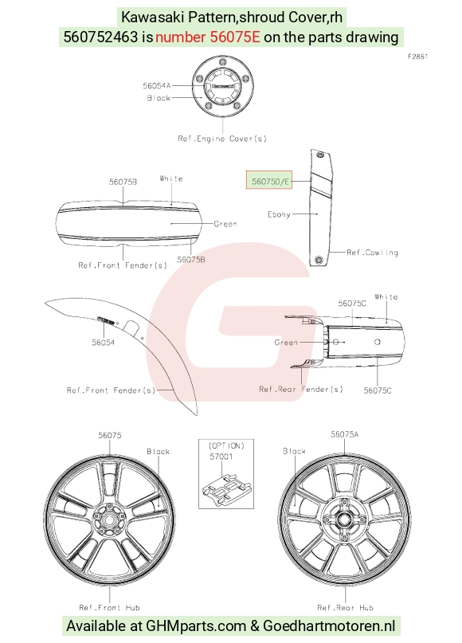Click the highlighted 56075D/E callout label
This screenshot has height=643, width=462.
tap(269, 180)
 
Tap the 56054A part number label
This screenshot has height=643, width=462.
tap(156, 86)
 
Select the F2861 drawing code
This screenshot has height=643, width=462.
tap(417, 57)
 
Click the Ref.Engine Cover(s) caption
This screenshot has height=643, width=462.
tap(222, 139)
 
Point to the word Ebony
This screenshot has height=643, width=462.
tap(279, 214)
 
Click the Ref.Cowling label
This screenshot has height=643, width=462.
tap(372, 253)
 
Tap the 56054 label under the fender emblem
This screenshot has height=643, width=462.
tap(103, 343)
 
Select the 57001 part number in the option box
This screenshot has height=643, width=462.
tap(221, 457)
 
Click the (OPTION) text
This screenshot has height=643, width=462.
tap(226, 445)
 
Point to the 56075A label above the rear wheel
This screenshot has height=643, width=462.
tap(344, 434)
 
